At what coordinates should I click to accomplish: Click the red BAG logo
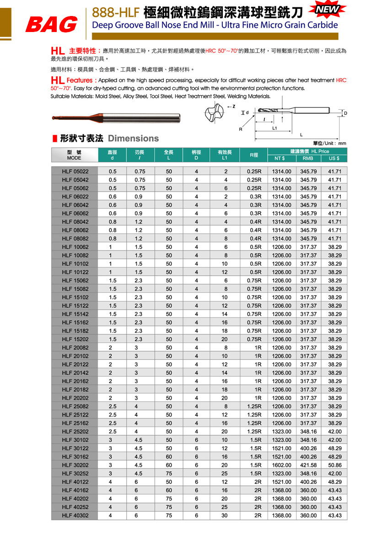pos(51,25)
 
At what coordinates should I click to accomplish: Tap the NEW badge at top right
pos(325,10)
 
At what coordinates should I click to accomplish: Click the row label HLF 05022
pos(75,171)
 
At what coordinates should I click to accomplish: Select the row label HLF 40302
pos(75,515)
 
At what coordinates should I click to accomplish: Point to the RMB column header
pos(308,158)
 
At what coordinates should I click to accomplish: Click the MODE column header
pos(74,155)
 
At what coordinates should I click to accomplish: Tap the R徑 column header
pos(254,155)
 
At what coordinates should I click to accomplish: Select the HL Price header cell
pos(307,151)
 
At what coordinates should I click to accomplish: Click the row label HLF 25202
pos(75,431)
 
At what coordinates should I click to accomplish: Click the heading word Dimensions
pos(133,138)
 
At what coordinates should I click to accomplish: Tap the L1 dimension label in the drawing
pos(274,128)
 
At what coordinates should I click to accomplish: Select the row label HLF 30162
pos(75,457)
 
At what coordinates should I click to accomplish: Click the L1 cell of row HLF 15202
pos(224,339)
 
